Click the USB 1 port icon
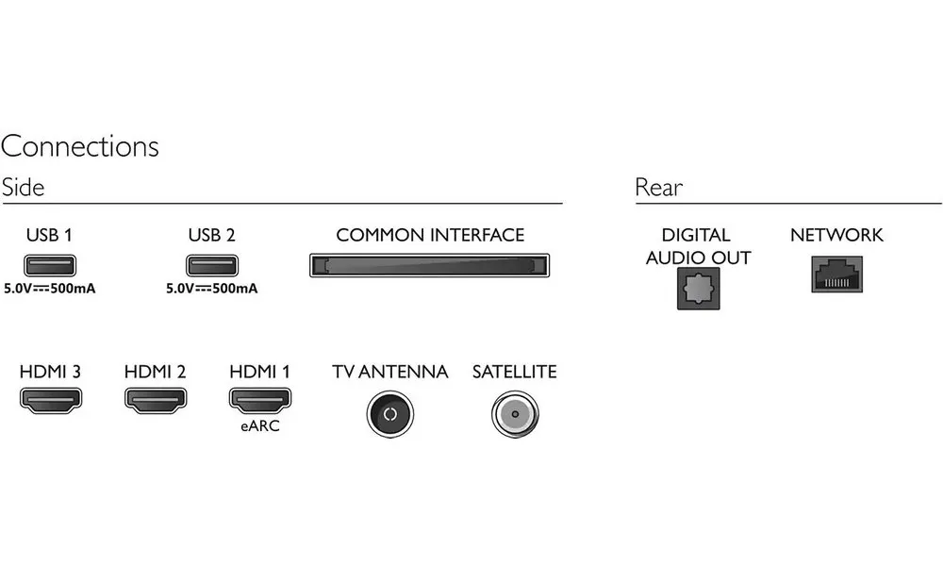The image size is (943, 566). click(50, 265)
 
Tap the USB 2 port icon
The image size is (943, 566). click(212, 265)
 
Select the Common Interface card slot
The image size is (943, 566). click(429, 265)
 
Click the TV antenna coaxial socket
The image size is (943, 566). click(390, 414)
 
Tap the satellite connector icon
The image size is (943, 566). click(515, 414)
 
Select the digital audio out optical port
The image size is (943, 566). click(698, 289)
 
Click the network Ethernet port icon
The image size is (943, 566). click(837, 275)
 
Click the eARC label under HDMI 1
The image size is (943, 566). click(260, 425)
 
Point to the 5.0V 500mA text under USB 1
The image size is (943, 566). click(50, 289)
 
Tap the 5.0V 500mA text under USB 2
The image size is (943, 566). click(212, 289)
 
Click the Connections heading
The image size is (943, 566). click(80, 146)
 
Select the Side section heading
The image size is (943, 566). click(23, 187)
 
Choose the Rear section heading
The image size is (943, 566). click(659, 188)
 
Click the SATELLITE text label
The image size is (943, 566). click(515, 372)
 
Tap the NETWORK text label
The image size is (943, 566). click(837, 235)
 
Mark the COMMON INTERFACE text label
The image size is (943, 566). click(430, 235)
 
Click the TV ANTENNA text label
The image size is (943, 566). click(390, 372)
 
